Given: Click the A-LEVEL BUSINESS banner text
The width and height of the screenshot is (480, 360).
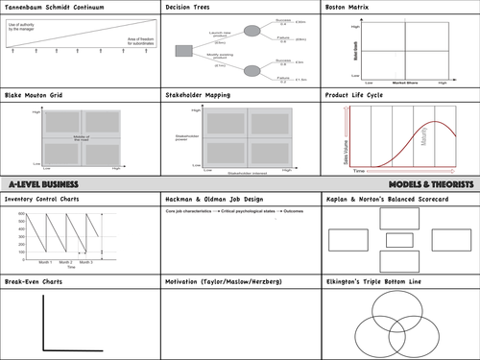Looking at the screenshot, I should coord(41,182).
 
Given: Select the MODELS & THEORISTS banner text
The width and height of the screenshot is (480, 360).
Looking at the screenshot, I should coord(431,182).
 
